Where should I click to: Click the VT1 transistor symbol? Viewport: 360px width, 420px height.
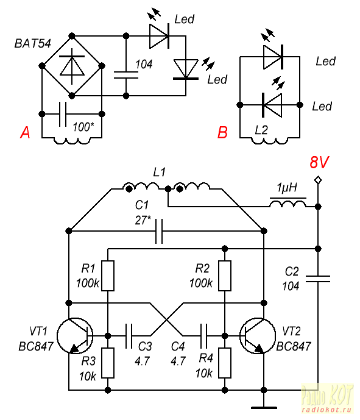[75, 335]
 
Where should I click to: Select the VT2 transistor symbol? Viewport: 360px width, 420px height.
[258, 335]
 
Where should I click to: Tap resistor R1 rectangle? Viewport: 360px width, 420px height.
[108, 276]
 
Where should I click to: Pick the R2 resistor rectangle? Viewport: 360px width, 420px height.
[225, 276]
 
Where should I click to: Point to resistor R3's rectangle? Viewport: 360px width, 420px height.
[108, 363]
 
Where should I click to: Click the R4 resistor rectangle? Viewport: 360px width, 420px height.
[225, 363]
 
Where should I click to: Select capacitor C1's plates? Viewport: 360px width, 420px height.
[159, 231]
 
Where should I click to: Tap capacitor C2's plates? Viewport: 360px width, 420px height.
[318, 279]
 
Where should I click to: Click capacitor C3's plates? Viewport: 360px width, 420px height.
[129, 336]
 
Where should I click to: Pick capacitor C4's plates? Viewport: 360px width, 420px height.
[203, 336]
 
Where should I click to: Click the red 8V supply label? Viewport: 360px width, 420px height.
[319, 162]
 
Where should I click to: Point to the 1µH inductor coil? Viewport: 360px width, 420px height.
[288, 203]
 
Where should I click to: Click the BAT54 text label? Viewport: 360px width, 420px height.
[33, 44]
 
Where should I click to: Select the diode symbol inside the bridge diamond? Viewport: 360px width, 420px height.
[72, 66]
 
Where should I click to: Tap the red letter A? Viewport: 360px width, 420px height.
[25, 132]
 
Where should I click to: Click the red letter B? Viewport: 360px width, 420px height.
[222, 132]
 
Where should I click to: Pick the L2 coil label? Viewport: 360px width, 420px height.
[261, 130]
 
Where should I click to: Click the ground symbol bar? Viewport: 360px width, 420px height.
[264, 408]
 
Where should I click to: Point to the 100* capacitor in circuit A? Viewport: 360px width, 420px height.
[62, 114]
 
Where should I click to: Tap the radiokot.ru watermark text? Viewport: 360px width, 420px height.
[326, 410]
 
